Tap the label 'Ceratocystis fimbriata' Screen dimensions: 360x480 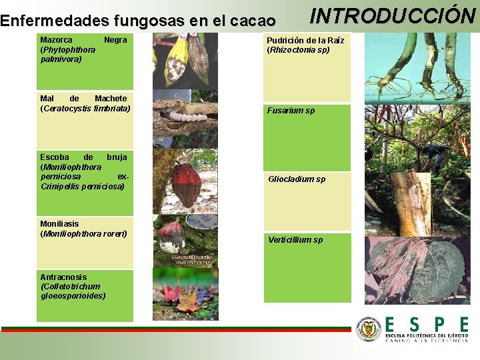click(86, 108)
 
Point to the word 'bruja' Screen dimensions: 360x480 click(117, 157)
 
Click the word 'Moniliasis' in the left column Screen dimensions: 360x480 click(59, 224)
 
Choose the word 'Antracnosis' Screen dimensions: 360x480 click(63, 277)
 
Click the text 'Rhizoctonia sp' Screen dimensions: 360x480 click(299, 50)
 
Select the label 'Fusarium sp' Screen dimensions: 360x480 click(291, 111)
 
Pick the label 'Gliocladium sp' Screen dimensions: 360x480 click(297, 179)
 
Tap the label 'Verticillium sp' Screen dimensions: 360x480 click(295, 240)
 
